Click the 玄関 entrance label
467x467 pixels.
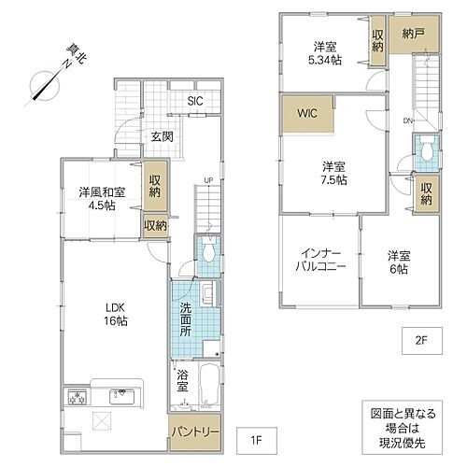tap(163, 136)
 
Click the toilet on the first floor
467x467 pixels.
tap(207, 250)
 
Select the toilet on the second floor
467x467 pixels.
tap(426, 149)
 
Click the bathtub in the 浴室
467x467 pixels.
tap(209, 384)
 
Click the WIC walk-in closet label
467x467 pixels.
tap(309, 115)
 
